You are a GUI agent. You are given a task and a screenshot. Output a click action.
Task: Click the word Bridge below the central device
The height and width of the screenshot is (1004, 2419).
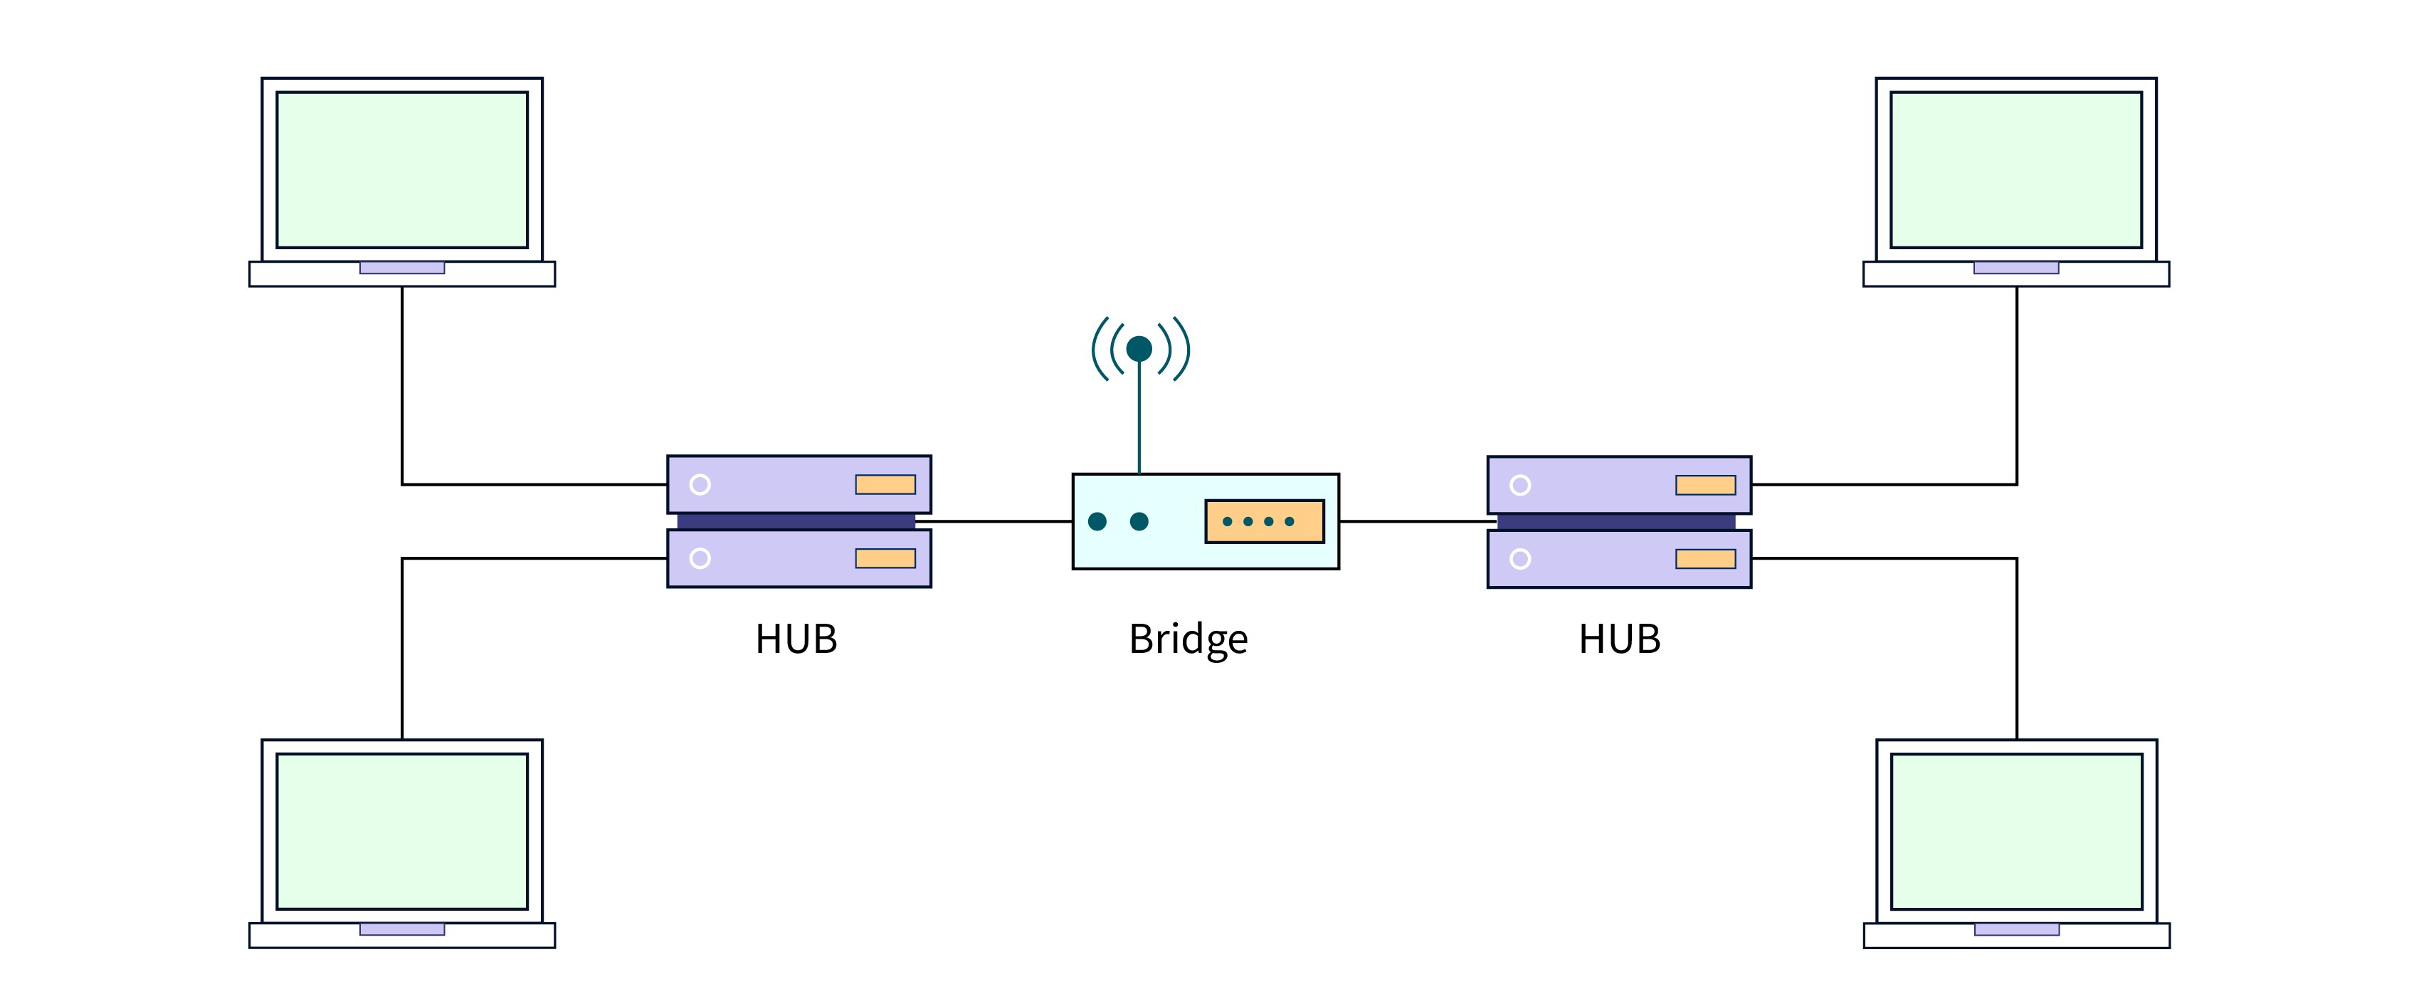coord(1188,639)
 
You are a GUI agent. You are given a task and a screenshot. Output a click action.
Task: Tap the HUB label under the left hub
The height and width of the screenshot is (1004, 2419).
coord(796,639)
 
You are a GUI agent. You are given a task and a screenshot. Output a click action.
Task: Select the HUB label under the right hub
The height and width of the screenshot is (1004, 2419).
coord(1619,639)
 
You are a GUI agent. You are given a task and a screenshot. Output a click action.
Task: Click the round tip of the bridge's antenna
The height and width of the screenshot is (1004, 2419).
coord(1139,348)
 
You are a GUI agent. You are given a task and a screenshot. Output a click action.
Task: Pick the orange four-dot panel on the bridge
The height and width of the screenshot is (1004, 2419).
coord(1264,521)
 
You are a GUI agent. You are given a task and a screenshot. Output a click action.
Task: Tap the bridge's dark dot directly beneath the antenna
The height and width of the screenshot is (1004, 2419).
coord(1139,521)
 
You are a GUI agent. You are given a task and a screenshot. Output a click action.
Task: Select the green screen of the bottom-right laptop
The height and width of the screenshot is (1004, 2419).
coord(2016,831)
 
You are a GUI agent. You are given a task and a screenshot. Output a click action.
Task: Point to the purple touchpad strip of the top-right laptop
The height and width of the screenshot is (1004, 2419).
coord(2015,268)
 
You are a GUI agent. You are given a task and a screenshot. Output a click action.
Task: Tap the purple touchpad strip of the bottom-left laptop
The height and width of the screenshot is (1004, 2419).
coord(402,929)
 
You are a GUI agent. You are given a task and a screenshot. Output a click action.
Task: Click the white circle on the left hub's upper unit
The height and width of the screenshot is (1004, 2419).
coord(700,485)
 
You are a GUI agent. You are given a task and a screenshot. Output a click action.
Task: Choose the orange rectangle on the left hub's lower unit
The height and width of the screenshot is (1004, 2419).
coord(885,559)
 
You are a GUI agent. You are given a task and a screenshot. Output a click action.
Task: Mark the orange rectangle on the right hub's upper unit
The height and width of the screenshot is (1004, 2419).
coord(1705,485)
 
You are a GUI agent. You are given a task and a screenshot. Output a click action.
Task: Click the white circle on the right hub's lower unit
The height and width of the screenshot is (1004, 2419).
coord(1520,559)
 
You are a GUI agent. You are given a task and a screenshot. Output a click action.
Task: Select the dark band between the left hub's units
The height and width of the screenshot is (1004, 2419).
coord(796,521)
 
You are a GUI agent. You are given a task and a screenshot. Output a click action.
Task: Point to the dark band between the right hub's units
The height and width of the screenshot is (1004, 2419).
coord(1616,522)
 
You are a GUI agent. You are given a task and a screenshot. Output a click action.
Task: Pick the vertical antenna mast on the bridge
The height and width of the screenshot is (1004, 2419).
coord(1139,418)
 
